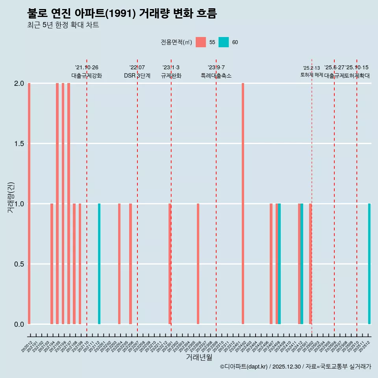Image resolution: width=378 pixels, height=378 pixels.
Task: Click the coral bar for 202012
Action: click(x=29, y=204)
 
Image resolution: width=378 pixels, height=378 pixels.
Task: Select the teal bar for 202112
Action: click(x=99, y=264)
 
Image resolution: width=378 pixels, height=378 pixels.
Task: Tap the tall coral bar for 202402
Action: click(x=243, y=204)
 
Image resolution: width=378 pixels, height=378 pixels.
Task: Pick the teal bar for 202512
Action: click(x=369, y=264)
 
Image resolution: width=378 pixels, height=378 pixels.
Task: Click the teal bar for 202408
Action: click(x=279, y=264)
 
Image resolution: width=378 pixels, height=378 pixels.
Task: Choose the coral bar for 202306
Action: click(x=198, y=264)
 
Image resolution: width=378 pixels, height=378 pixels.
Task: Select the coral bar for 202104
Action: click(x=52, y=264)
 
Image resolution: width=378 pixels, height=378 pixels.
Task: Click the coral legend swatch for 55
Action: click(x=201, y=42)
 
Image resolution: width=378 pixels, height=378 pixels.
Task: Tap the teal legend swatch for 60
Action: click(x=224, y=42)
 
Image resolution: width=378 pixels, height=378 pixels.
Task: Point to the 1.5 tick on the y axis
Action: click(x=19, y=144)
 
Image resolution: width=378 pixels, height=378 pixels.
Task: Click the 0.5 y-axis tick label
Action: click(x=19, y=264)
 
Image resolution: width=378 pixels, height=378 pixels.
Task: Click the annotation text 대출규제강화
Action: click(x=87, y=76)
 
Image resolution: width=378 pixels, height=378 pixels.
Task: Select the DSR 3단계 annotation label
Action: click(x=137, y=76)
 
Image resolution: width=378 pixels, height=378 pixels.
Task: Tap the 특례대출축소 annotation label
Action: click(x=216, y=76)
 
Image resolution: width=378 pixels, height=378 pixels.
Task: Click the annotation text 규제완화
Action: click(x=171, y=76)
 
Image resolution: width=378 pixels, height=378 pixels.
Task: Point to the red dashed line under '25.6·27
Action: click(x=334, y=197)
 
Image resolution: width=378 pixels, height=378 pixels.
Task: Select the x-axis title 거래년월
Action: click(x=199, y=358)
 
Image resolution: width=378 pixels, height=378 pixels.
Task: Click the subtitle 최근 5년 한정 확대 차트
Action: click(x=63, y=25)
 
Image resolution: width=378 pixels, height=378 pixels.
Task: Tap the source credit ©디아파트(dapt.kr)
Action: click(x=244, y=367)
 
